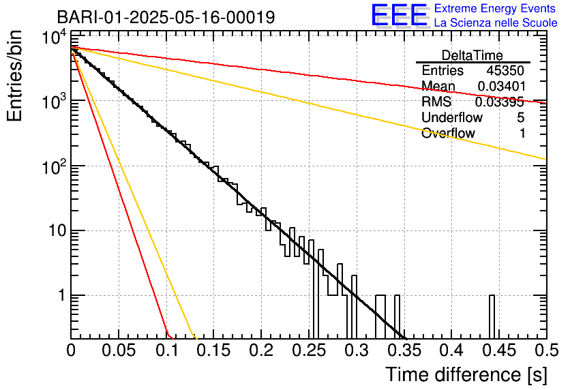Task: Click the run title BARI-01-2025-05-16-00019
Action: tap(166, 17)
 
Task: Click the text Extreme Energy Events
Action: tap(496, 9)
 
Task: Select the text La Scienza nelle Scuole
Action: tap(496, 23)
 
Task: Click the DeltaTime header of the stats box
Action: tap(472, 55)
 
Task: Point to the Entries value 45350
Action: tap(505, 71)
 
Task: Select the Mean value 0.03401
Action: tap(500, 87)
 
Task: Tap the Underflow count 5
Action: tap(520, 118)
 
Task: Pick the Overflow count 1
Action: tap(522, 134)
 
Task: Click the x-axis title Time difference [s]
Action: tap(465, 374)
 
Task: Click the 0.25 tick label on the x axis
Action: tap(308, 351)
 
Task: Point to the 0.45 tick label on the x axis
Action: tap(498, 351)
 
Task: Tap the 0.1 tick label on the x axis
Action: tap(166, 351)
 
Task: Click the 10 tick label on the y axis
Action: tap(52, 230)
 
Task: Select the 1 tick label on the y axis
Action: tap(59, 295)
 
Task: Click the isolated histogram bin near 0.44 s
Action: tap(492, 317)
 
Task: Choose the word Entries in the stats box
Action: tap(442, 71)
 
